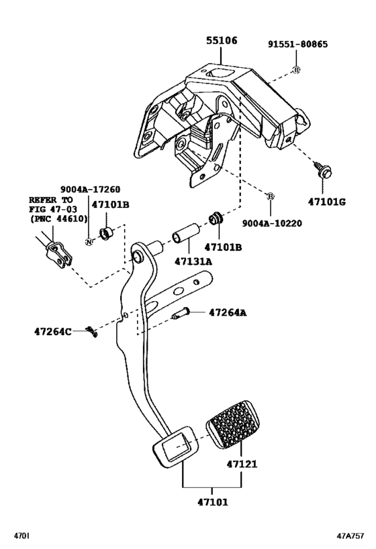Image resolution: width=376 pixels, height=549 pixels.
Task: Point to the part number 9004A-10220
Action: tap(271, 225)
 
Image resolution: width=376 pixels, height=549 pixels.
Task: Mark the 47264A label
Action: tap(228, 312)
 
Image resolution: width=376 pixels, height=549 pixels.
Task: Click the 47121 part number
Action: tap(242, 463)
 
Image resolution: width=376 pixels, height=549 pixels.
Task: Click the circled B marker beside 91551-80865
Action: tap(295, 69)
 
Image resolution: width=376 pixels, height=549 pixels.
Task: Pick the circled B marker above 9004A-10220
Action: tap(271, 196)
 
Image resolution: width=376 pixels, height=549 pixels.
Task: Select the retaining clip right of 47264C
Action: tap(92, 331)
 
